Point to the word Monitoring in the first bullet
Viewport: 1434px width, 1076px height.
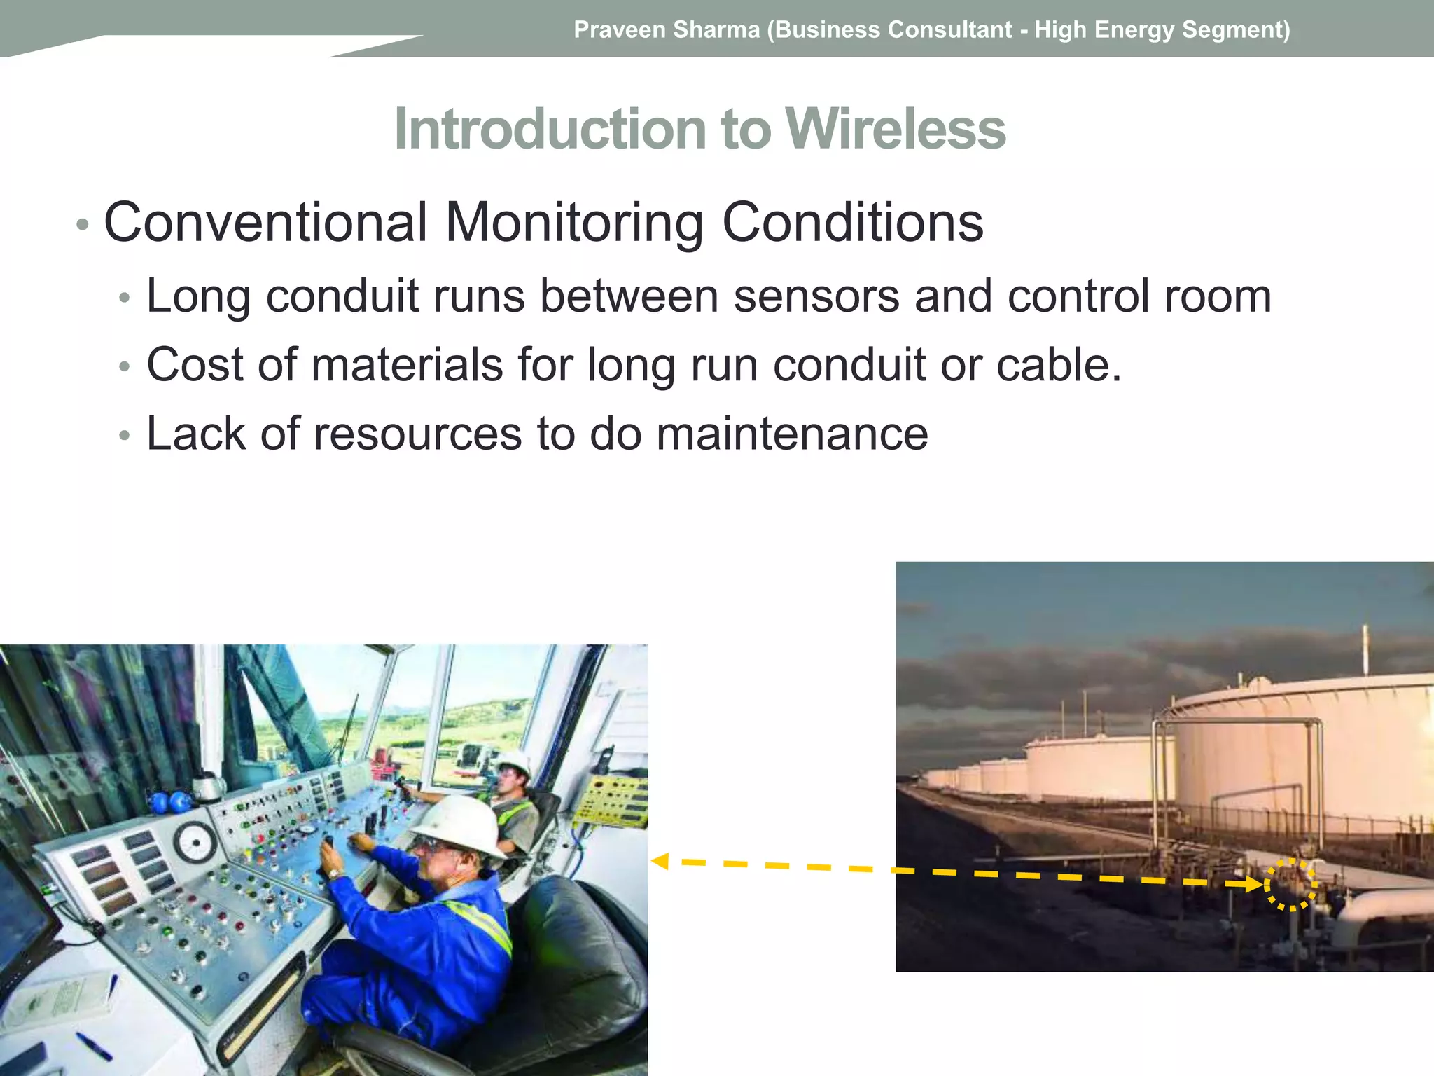click(573, 223)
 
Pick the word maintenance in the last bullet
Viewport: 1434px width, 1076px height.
click(792, 434)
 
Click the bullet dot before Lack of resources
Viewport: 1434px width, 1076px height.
click(125, 436)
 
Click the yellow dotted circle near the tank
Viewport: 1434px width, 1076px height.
click(1290, 884)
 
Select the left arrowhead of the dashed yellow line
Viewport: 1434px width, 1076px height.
click(660, 861)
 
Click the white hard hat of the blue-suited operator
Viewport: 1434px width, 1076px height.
click(459, 825)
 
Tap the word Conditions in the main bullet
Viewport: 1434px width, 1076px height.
click(852, 223)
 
